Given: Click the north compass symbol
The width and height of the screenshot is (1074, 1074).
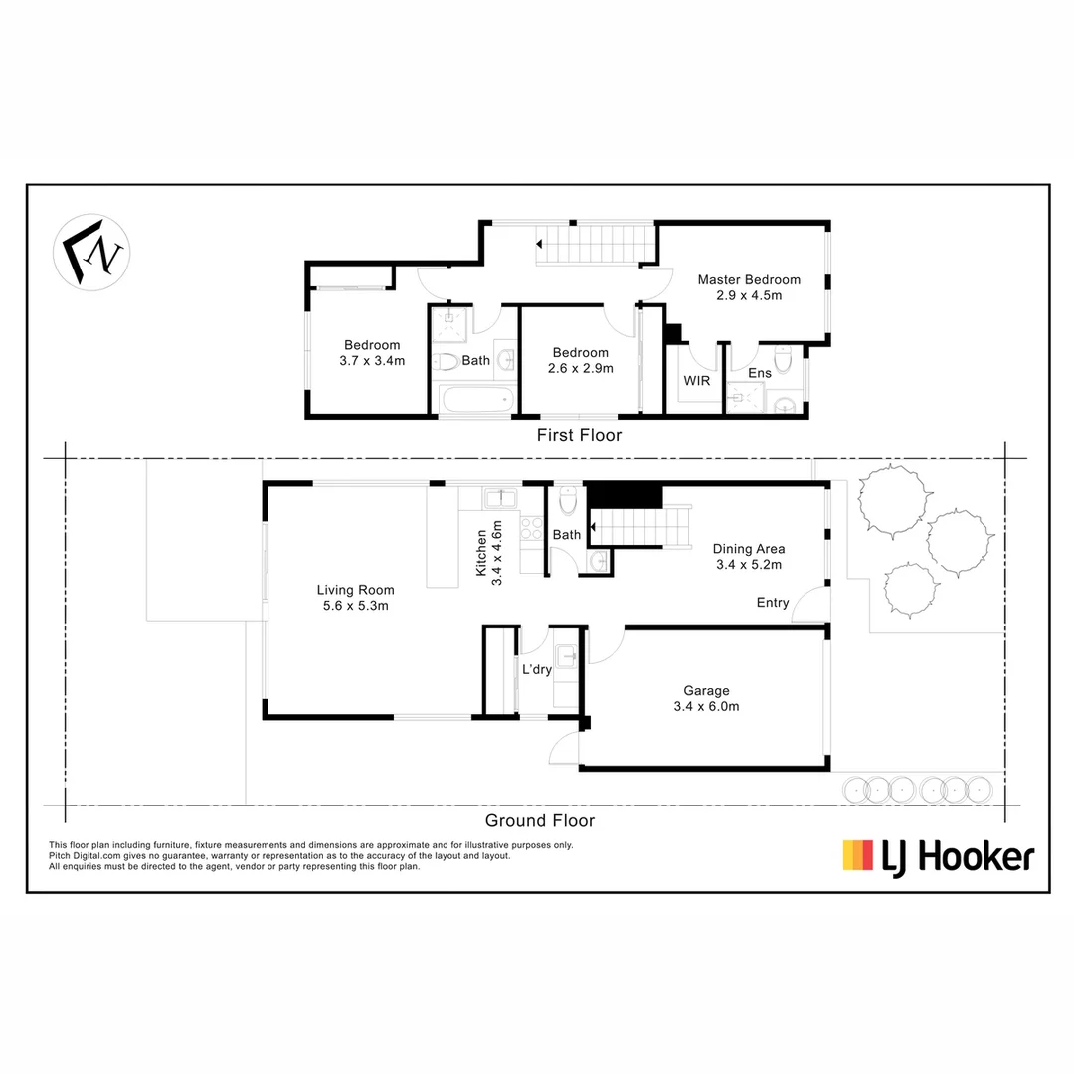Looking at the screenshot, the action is point(91,252).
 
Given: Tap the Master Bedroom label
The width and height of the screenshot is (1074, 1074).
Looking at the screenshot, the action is point(749,279).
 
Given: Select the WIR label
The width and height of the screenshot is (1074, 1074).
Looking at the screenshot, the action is point(696,381).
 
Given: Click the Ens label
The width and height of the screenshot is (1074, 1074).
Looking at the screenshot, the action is point(760,373).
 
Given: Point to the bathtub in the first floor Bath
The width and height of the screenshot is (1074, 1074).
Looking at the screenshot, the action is point(476,400).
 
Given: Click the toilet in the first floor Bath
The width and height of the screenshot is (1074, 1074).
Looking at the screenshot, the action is point(446,361).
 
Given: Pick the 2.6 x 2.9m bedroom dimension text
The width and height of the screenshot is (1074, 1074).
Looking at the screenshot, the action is point(580,368).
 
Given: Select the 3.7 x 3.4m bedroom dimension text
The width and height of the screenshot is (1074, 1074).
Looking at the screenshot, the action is point(372,360).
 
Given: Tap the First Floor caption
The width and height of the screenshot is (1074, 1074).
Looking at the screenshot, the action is point(579,435).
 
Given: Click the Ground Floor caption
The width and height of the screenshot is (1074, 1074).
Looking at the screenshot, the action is point(540,820).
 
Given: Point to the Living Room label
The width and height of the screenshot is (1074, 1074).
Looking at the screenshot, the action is point(355,589).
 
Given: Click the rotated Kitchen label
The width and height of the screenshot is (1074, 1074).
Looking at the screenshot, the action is point(481,553).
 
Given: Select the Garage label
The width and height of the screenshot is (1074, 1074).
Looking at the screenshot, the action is point(706,691).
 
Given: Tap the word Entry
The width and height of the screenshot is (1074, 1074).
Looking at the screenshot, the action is point(773,602).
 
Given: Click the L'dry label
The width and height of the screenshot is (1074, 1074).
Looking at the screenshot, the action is point(536,669).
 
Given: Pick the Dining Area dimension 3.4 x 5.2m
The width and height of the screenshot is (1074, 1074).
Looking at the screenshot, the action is point(749,565).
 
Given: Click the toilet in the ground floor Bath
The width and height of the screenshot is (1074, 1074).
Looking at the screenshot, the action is point(569,500).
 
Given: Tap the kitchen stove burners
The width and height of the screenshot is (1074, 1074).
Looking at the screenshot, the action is point(531,531).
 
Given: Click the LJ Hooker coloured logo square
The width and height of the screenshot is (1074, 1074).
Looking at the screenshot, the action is point(857,855).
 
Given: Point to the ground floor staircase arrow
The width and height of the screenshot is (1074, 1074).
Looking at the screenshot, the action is point(593,527).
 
